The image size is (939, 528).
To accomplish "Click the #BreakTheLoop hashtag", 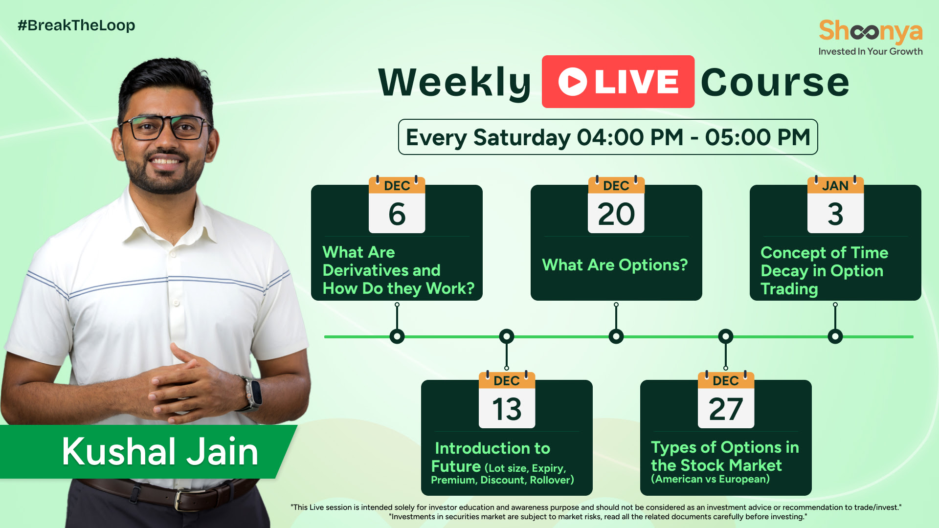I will (76, 25).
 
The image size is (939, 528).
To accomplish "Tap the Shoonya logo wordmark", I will (871, 31).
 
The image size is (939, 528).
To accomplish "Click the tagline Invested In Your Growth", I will (871, 51).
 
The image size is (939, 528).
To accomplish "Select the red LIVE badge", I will (618, 82).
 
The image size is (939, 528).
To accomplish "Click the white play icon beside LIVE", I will (573, 82).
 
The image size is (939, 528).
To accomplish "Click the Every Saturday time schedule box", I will (608, 137).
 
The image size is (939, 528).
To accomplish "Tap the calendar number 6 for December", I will (397, 214).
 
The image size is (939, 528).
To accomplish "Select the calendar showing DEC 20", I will (616, 205).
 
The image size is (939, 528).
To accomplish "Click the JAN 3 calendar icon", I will (835, 205).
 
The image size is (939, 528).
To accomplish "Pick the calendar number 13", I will (507, 409).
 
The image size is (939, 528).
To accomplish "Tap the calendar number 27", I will (726, 409).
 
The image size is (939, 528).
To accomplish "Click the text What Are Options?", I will (615, 265).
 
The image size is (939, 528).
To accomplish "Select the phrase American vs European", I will (710, 479).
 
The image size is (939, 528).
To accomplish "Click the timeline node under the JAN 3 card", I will (835, 336).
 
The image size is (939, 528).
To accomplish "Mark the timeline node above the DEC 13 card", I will (507, 336).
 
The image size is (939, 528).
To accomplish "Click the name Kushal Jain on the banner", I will (160, 452).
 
